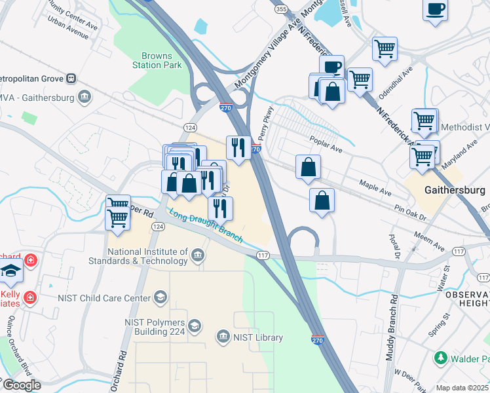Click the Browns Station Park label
tap(157, 60)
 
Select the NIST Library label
tap(257, 337)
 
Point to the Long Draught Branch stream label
tap(206, 225)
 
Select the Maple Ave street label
tap(374, 188)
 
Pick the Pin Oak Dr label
tap(411, 212)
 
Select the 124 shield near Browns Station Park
tap(190, 126)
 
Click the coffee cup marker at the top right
tap(435, 10)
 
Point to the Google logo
tap(21, 385)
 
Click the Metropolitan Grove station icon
tap(70, 79)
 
